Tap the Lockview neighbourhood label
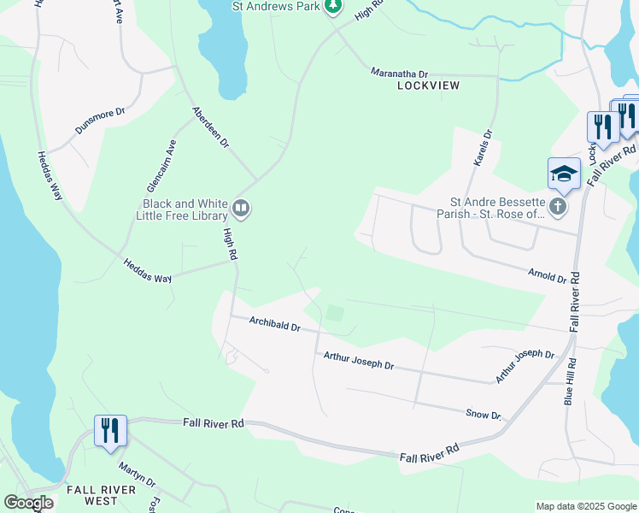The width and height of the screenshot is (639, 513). click(x=428, y=85)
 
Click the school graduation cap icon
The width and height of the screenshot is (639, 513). click(x=564, y=174)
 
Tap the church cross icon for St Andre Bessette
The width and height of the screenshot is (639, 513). click(x=557, y=207)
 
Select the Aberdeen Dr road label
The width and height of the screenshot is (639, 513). click(x=211, y=127)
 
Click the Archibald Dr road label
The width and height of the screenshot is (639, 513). click(x=275, y=326)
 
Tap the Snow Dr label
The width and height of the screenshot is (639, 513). click(x=484, y=414)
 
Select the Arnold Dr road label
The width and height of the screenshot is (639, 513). click(x=548, y=275)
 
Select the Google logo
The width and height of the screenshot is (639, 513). click(x=28, y=503)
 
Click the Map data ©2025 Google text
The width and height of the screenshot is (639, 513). click(x=585, y=506)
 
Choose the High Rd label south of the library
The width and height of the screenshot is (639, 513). click(x=230, y=244)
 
